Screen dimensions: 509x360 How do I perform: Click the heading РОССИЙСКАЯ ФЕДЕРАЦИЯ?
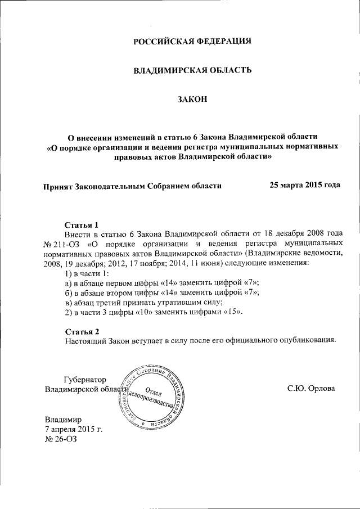pyautogui.click(x=192, y=42)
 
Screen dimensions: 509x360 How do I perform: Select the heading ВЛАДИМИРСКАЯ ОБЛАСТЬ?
pyautogui.click(x=192, y=70)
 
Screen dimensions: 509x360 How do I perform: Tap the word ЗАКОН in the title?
pyautogui.click(x=192, y=100)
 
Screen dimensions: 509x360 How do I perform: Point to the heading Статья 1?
pyautogui.click(x=82, y=224)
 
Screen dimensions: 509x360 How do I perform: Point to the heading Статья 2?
pyautogui.click(x=82, y=331)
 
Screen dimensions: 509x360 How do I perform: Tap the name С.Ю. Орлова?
pyautogui.click(x=310, y=389)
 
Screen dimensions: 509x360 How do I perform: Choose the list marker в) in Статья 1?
pyautogui.click(x=69, y=302)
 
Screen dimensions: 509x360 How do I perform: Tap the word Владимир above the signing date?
pyautogui.click(x=64, y=420)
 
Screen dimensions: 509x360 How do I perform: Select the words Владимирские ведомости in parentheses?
pyautogui.click(x=290, y=254)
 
